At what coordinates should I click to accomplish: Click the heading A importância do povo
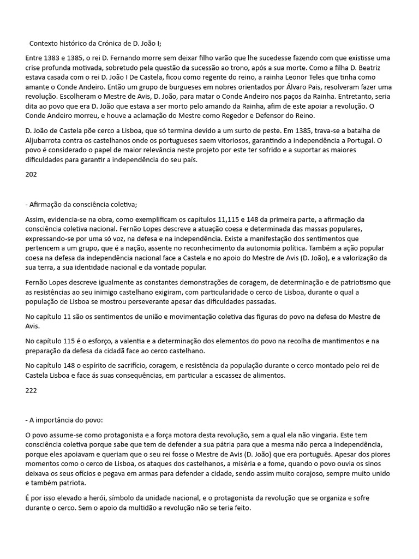[64, 420]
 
